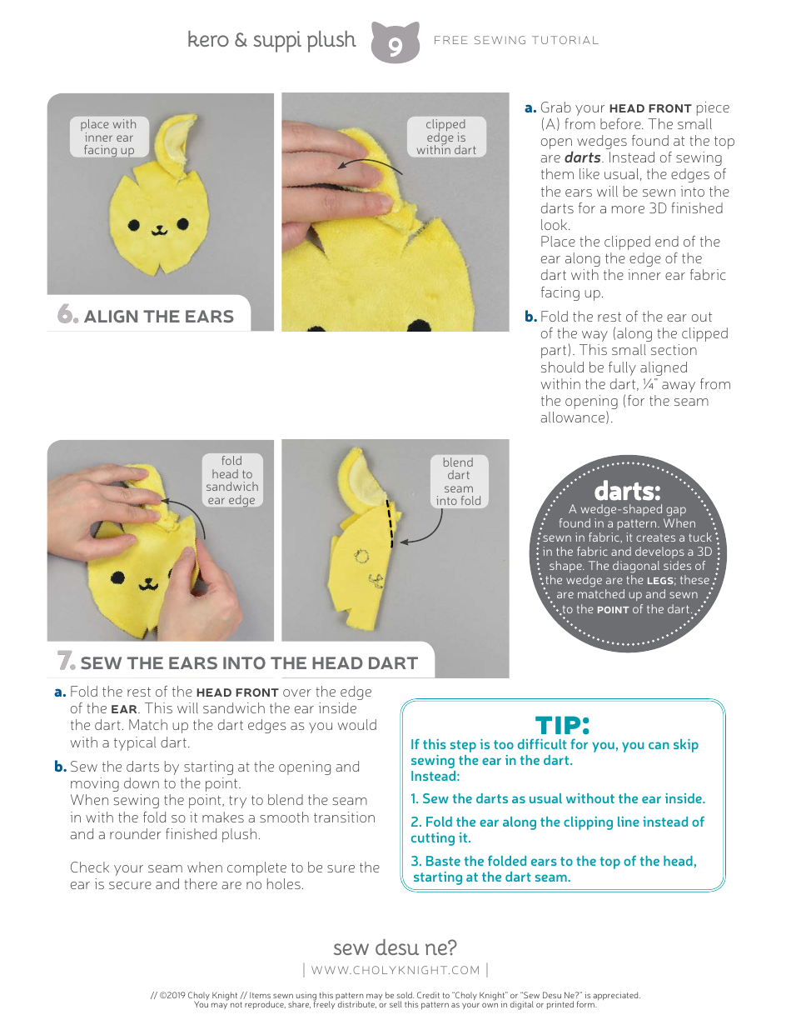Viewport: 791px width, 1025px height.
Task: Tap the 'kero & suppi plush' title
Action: [x=271, y=40]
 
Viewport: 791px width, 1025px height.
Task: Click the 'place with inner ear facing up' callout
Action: [x=108, y=137]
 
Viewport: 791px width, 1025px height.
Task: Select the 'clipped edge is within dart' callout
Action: [x=445, y=137]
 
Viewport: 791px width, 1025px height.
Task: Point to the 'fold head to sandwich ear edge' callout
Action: [x=231, y=481]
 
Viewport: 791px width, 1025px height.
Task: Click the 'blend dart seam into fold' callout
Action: [x=458, y=482]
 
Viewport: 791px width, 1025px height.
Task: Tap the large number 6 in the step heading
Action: [x=67, y=315]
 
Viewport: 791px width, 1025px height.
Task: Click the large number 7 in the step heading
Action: [x=66, y=662]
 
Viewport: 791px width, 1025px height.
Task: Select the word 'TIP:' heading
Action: [x=562, y=724]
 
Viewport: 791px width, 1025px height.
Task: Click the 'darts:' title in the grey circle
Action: [x=627, y=491]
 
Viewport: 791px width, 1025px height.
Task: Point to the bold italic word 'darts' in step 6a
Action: [x=583, y=158]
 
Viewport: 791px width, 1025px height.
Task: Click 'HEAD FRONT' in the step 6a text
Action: [x=650, y=108]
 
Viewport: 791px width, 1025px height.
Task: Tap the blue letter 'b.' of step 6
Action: [x=530, y=317]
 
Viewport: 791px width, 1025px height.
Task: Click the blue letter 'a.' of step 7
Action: [x=60, y=692]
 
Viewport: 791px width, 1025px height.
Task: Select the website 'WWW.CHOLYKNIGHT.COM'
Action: [x=395, y=970]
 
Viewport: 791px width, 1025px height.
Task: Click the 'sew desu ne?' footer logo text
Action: [x=395, y=947]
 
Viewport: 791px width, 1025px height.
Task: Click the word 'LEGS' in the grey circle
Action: [x=661, y=581]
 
